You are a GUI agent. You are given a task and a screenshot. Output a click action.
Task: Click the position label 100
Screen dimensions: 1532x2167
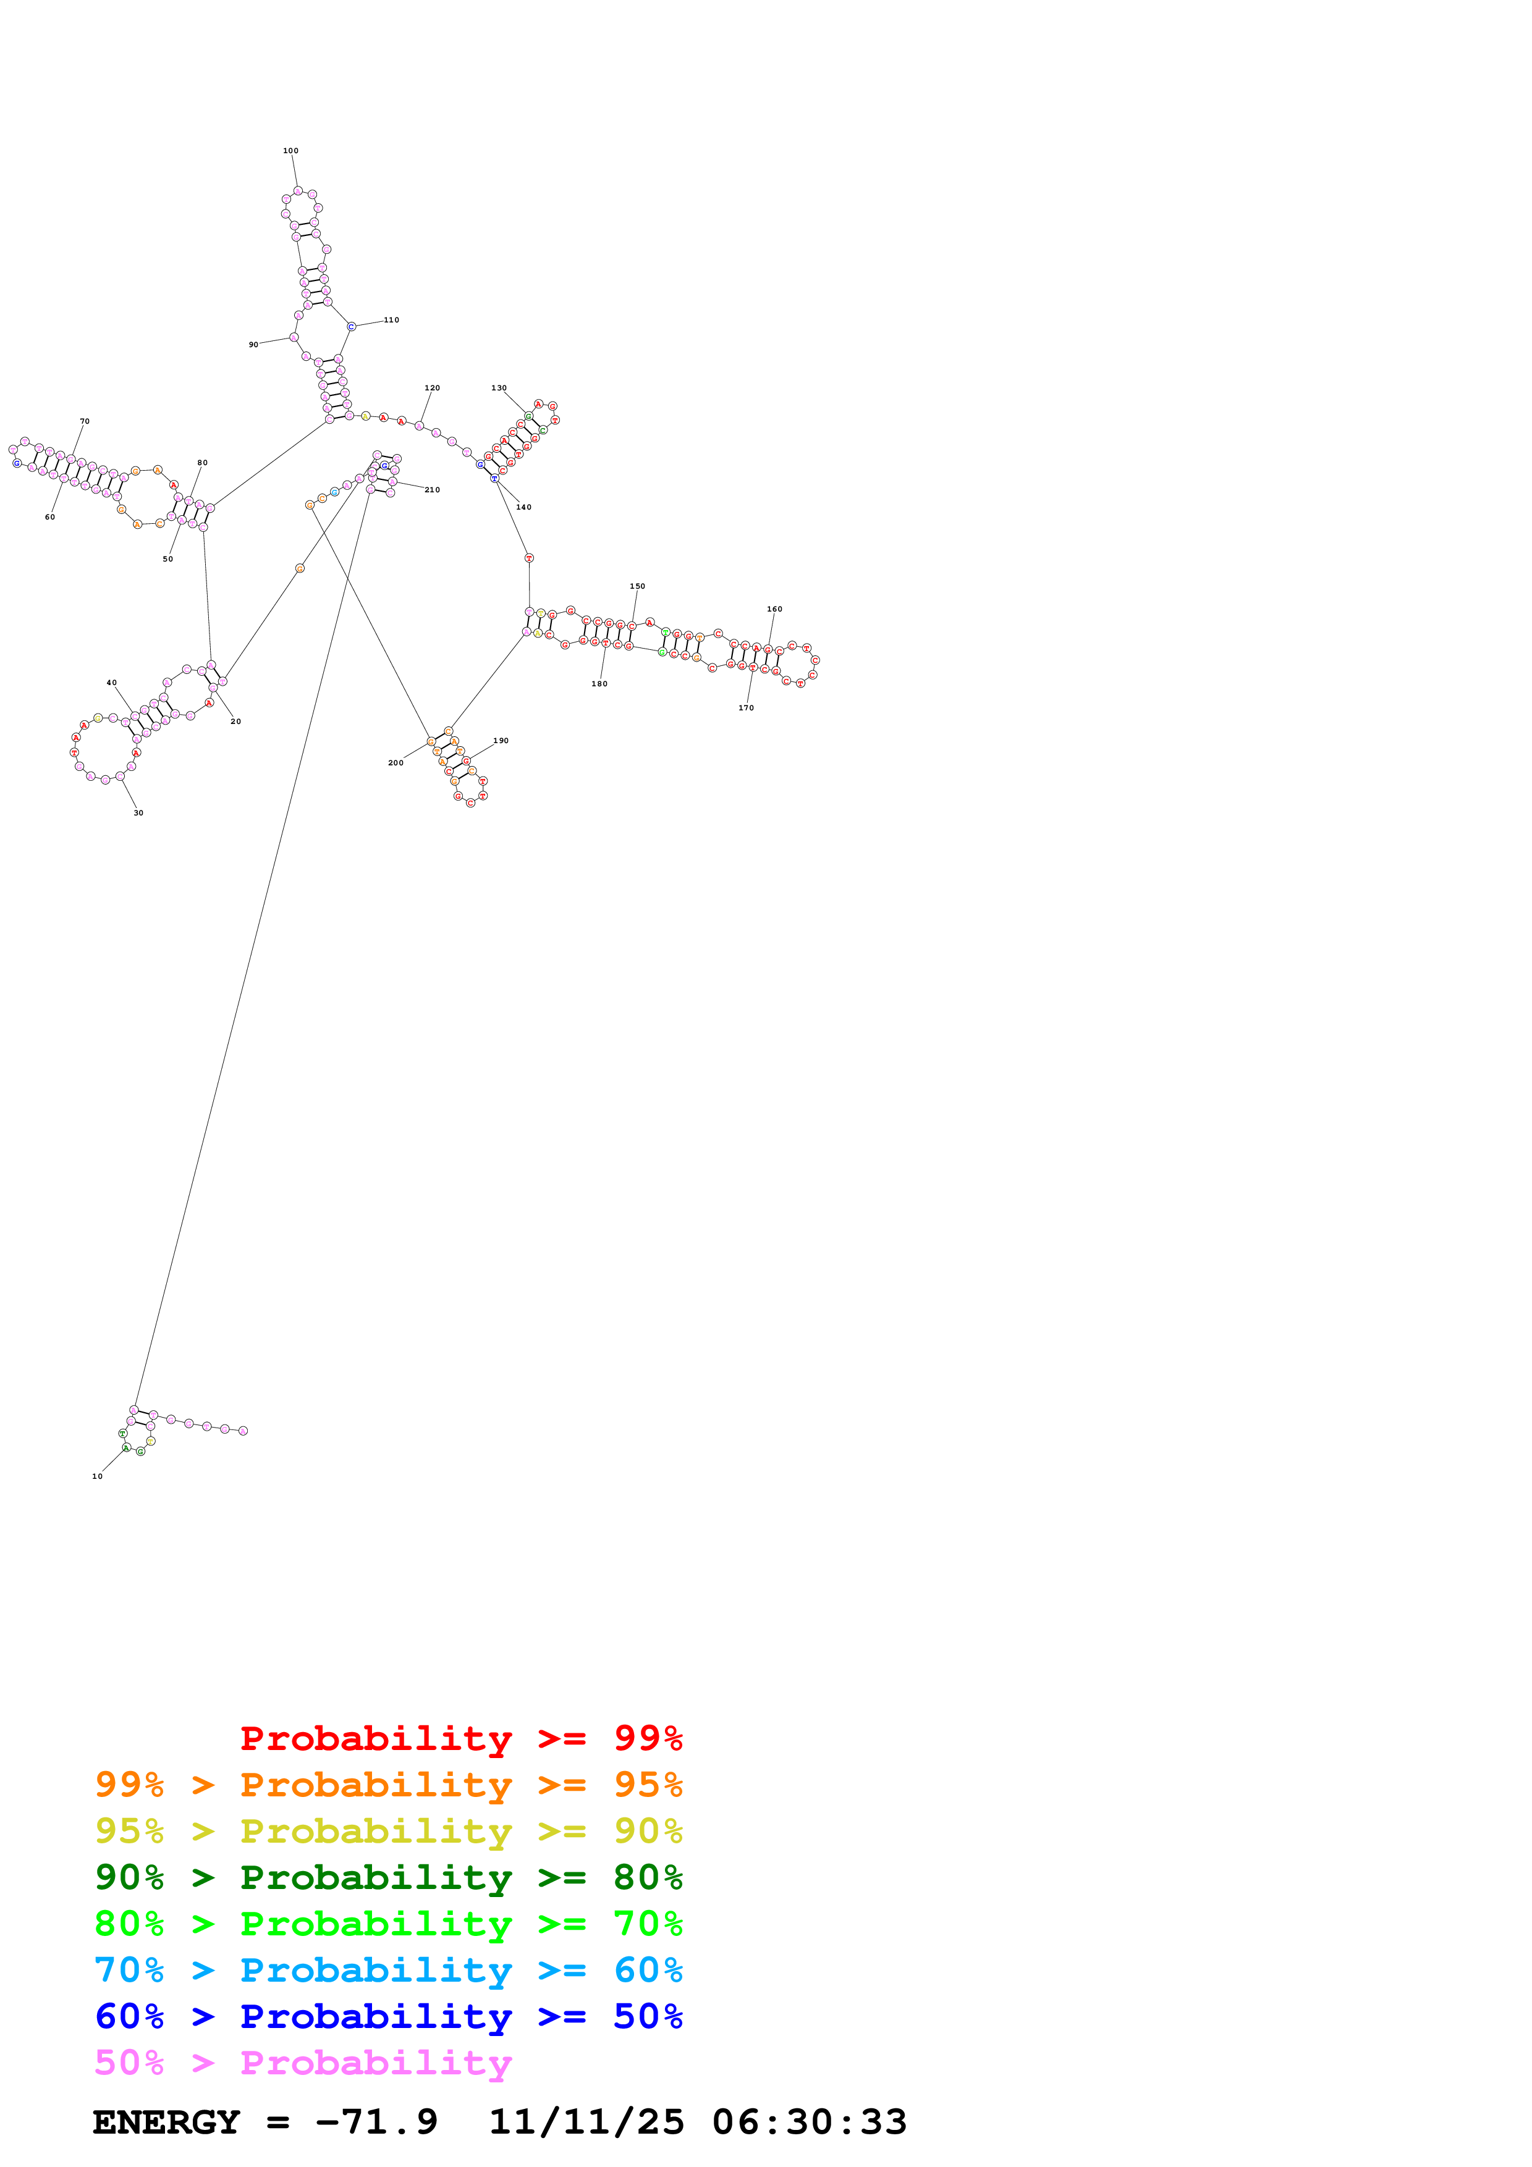[x=290, y=151]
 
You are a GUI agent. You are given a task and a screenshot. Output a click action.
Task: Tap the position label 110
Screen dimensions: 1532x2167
[x=391, y=320]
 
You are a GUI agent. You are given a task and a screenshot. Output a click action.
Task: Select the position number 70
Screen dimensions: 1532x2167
[x=85, y=422]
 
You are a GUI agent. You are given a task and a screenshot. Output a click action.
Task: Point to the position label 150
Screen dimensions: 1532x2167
[x=637, y=586]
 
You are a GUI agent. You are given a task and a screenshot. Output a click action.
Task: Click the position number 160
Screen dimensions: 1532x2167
[x=774, y=608]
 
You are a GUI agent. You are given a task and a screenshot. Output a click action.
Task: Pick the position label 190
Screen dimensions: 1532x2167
[x=501, y=741]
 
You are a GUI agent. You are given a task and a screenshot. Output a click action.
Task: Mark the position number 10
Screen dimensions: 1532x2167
[x=97, y=1476]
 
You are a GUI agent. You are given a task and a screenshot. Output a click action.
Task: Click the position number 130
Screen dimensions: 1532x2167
[x=498, y=388]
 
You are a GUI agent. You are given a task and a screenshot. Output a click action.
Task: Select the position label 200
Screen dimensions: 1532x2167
[x=396, y=763]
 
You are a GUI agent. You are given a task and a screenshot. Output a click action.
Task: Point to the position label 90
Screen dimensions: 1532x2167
[x=253, y=345]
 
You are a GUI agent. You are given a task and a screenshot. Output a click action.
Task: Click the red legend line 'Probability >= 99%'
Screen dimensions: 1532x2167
[x=460, y=1738]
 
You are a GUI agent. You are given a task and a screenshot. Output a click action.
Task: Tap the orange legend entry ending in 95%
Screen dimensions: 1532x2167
[x=389, y=1785]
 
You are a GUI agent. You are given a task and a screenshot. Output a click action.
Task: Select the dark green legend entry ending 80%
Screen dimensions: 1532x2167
[x=389, y=1877]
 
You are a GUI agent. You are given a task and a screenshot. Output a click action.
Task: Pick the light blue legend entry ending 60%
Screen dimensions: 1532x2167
[x=389, y=1970]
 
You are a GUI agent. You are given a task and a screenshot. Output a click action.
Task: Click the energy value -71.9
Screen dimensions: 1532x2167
[x=376, y=2122]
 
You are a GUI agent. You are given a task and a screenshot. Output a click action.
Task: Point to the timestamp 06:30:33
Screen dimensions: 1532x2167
[x=809, y=2122]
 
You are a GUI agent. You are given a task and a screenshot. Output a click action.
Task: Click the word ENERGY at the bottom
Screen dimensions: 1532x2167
[x=166, y=2122]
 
